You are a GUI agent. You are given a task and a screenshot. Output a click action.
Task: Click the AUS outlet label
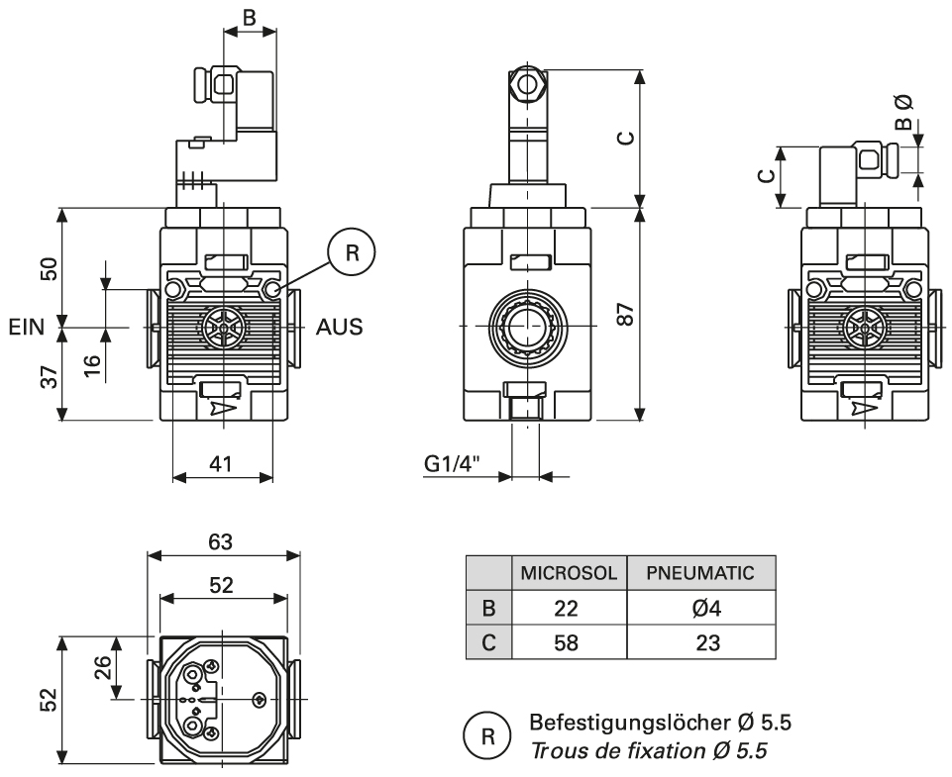pyautogui.click(x=340, y=327)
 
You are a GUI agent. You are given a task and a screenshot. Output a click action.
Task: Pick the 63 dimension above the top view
pyautogui.click(x=222, y=542)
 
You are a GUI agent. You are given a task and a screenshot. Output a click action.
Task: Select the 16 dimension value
pyautogui.click(x=91, y=360)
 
